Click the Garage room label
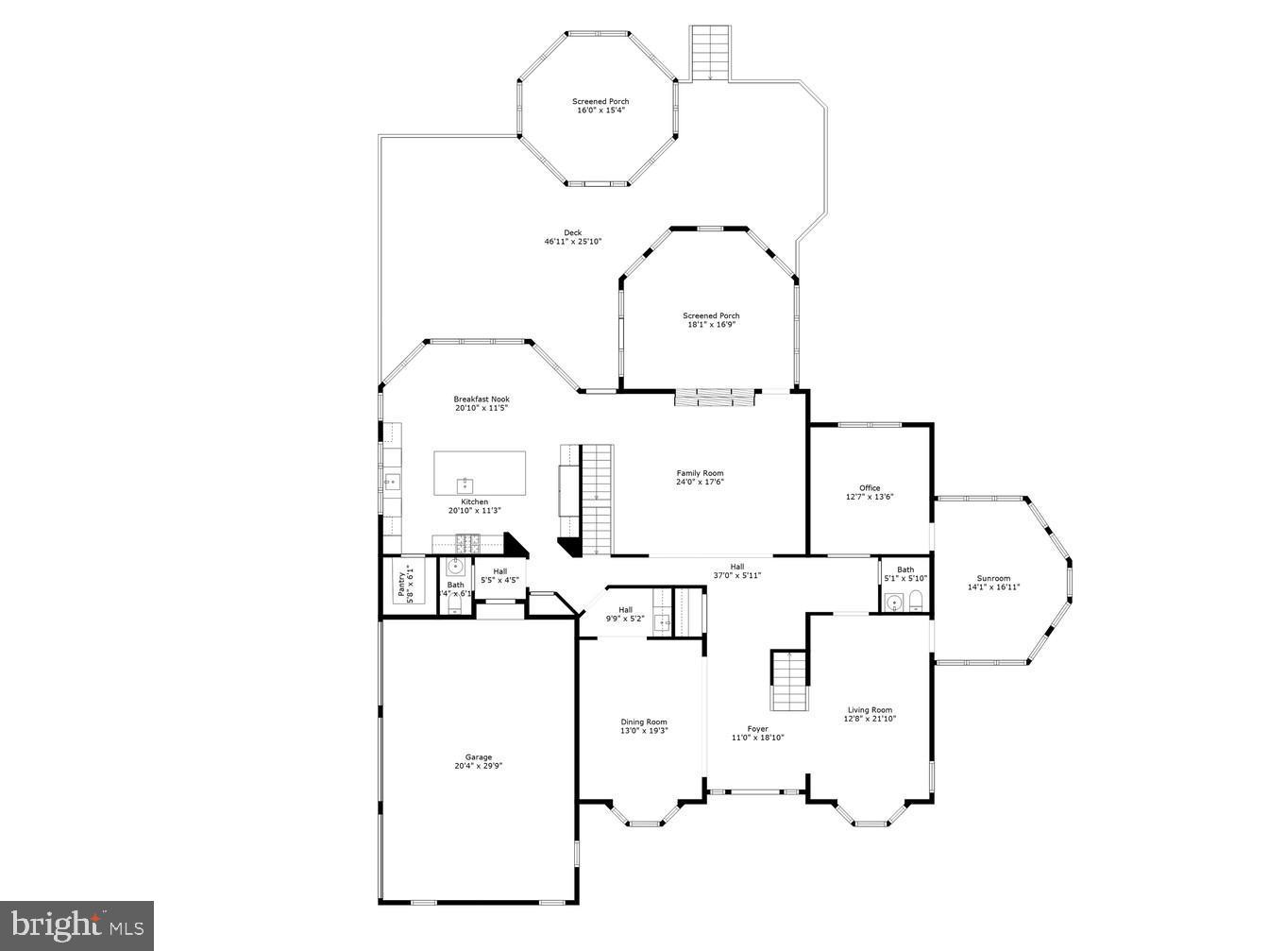478,757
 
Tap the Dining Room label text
643,722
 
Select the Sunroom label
993,579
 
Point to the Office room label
869,488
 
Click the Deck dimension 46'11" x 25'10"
572,242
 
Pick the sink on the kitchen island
465,485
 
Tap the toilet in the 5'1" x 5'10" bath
915,601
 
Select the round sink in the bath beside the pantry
456,567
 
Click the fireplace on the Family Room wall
716,398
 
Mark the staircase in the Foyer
789,680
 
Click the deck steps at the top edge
710,53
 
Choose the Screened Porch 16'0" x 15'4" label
600,102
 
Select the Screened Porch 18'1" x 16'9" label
711,316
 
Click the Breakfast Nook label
481,399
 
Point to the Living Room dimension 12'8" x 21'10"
870,719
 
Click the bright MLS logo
77,925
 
